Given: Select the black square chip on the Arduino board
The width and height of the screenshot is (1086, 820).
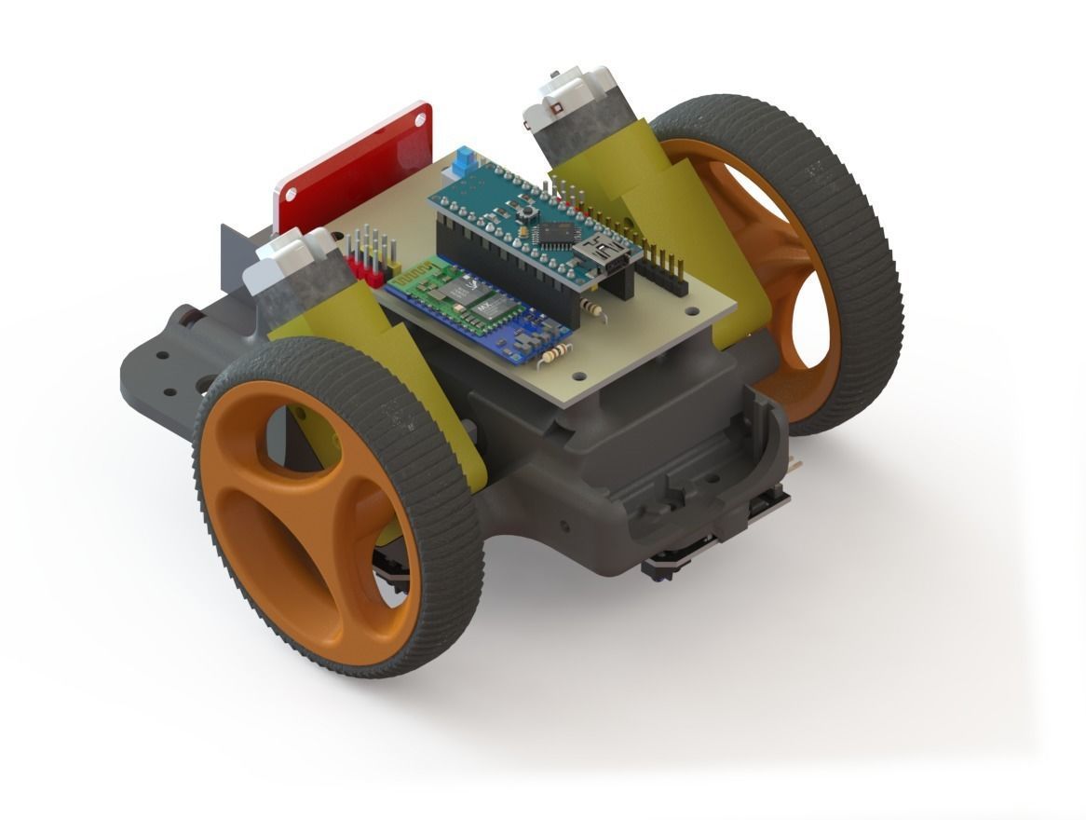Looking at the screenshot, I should [x=560, y=231].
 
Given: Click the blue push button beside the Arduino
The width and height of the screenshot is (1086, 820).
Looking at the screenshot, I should [x=460, y=169].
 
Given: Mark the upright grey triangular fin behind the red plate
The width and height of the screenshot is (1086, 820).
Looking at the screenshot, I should [x=238, y=256].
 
